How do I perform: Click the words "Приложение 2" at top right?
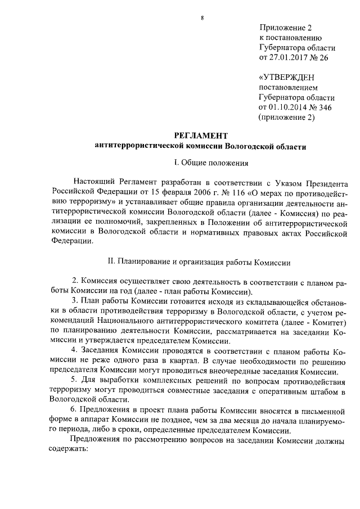coord(285,28)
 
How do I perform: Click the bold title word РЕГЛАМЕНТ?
coord(201,136)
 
